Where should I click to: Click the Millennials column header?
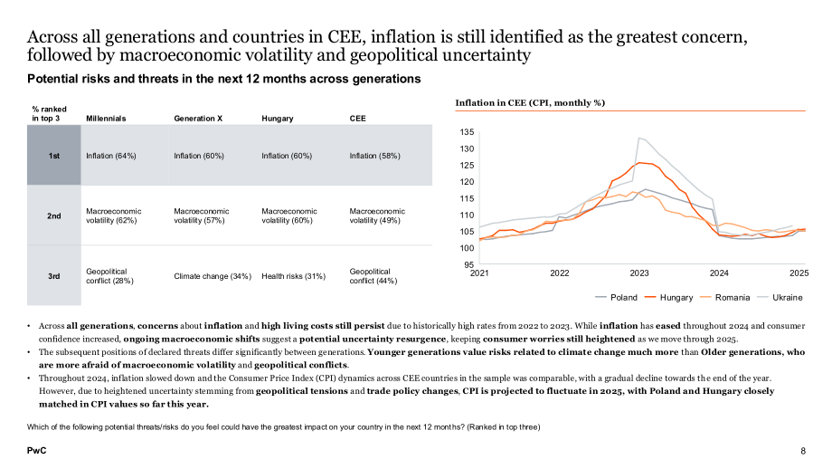coord(106,119)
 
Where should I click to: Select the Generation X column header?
coord(198,119)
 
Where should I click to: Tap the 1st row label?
coord(54,156)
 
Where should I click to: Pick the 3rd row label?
coord(54,276)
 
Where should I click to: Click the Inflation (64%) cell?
coord(111,156)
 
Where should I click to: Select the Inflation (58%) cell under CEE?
coord(374,156)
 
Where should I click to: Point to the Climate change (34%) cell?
coord(213,276)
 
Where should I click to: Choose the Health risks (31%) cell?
coord(293,276)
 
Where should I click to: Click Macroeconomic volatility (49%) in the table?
coord(377,215)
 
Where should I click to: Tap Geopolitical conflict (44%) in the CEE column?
coord(373,276)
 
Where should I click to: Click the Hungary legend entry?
coord(669,298)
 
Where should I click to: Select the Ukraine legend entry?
coord(780,298)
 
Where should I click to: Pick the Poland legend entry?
coord(617,298)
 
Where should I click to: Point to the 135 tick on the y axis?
coord(467,131)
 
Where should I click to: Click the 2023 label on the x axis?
coord(639,273)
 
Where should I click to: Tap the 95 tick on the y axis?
coord(469,264)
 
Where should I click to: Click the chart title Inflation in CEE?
coord(530,103)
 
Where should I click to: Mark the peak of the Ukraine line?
coord(638,139)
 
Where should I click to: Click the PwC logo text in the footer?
coord(36,450)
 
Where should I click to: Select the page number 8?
coord(803,451)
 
